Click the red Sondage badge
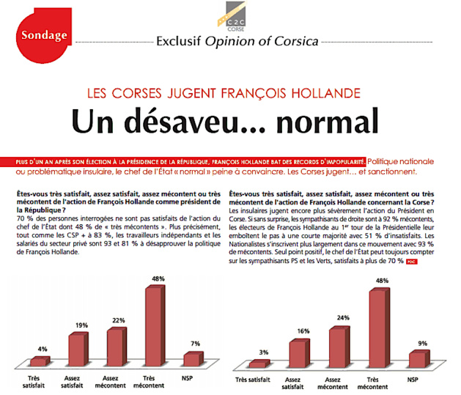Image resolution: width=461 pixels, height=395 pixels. pyautogui.click(x=44, y=34)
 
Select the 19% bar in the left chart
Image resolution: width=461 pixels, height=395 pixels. pyautogui.click(x=78, y=348)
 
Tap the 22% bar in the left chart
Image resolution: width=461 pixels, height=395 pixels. pyautogui.click(x=117, y=345)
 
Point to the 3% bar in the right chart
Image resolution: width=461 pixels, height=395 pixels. pyautogui.click(x=259, y=363)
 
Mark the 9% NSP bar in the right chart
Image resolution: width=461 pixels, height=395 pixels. pyautogui.click(x=416, y=358)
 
